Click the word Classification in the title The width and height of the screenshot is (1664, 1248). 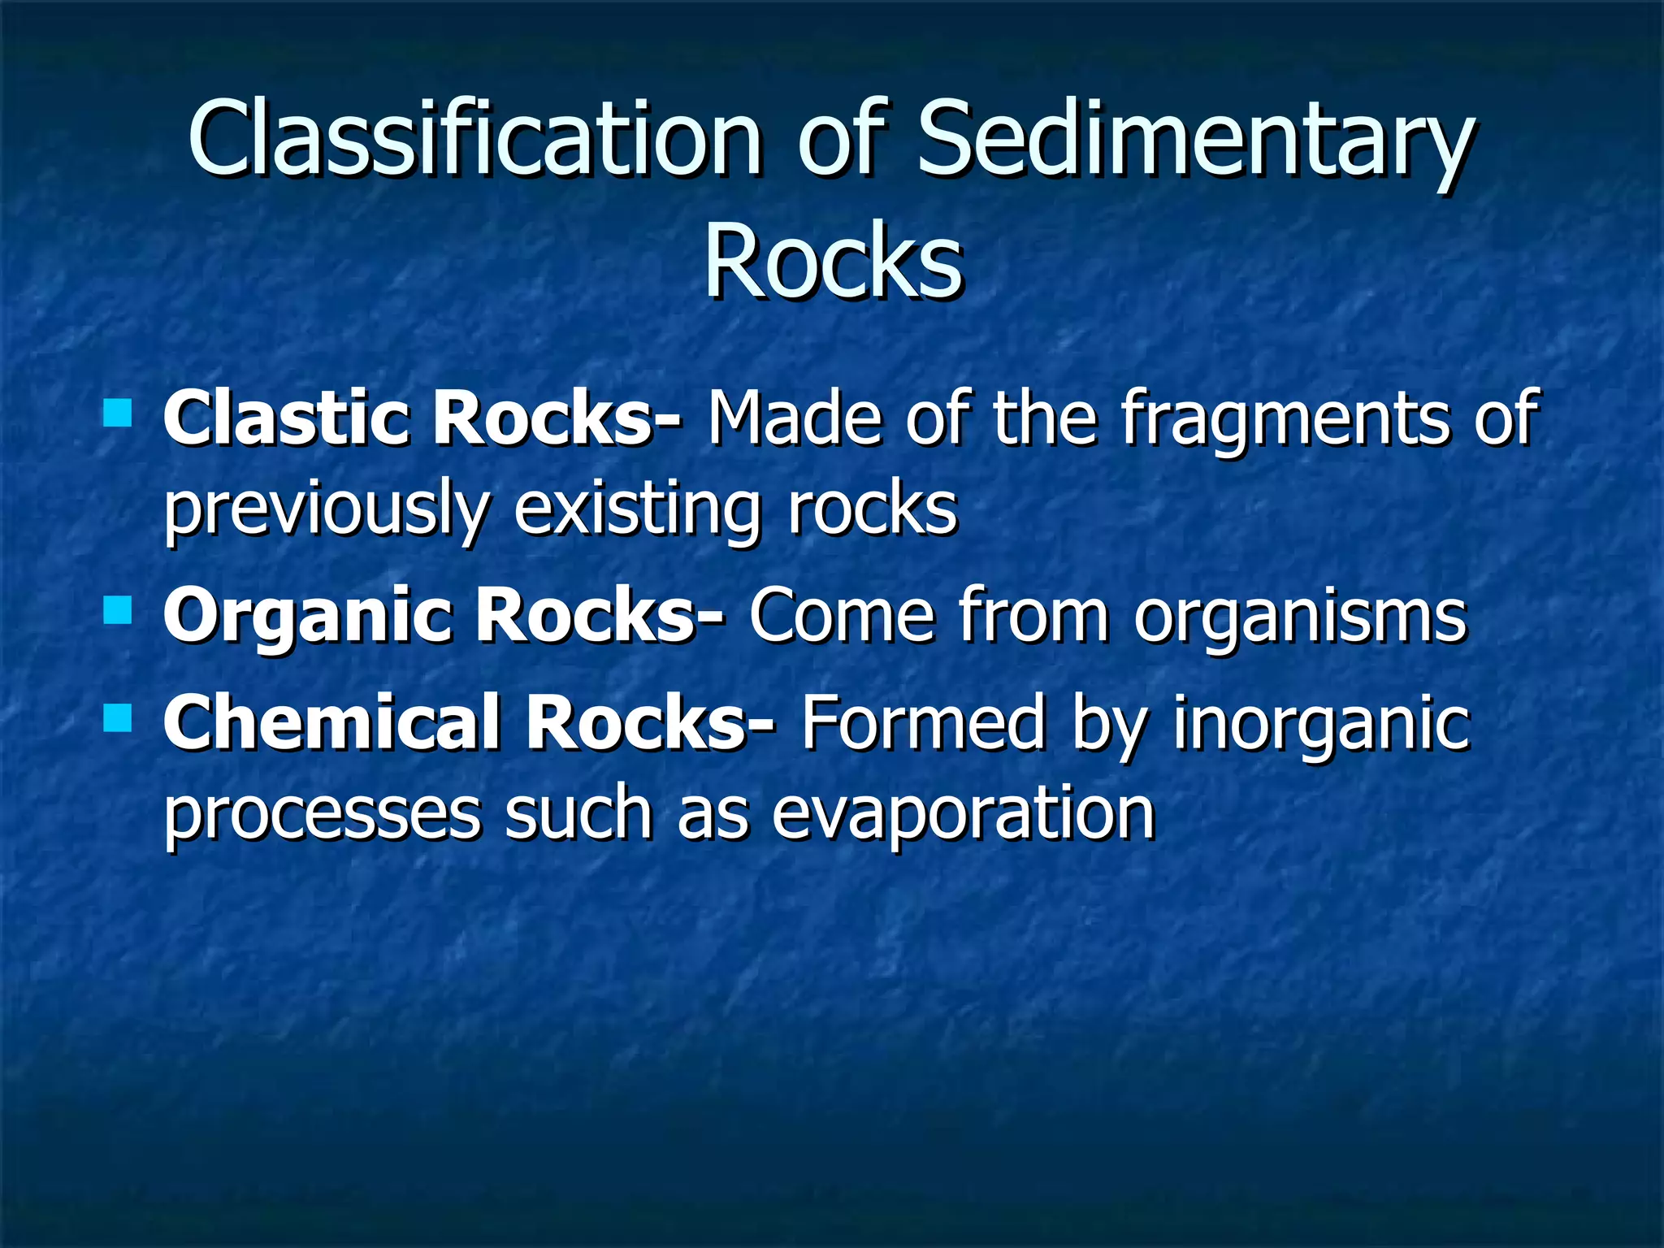475,138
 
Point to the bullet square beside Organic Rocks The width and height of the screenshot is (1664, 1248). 118,609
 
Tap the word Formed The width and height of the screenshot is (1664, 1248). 922,723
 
